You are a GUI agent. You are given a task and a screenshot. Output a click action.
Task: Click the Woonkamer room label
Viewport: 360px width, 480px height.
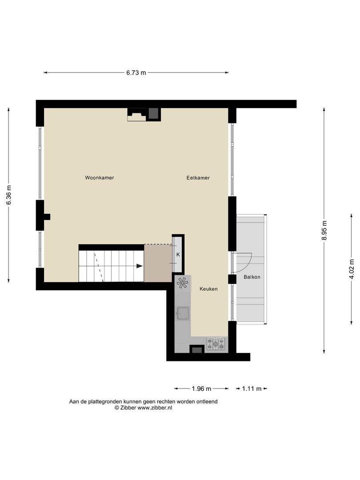click(x=100, y=177)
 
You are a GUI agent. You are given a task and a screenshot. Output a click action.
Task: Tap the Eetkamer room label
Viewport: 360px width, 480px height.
click(x=198, y=177)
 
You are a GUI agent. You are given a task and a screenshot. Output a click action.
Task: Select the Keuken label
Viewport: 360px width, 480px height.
click(x=208, y=289)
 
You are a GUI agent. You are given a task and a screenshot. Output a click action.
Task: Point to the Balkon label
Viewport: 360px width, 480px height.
click(x=252, y=277)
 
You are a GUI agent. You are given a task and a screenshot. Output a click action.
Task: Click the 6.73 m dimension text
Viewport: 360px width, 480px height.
click(x=136, y=72)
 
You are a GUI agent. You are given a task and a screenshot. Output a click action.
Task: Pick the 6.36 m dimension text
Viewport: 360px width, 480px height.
click(x=9, y=195)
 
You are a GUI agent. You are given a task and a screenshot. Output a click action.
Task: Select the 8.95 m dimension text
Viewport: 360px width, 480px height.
click(x=324, y=231)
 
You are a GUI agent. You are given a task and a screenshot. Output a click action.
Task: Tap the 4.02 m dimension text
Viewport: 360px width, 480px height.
click(x=352, y=269)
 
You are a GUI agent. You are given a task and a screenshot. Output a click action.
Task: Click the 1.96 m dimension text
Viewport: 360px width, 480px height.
click(x=201, y=389)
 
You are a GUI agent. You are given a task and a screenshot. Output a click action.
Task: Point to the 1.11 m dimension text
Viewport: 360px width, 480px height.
click(x=252, y=389)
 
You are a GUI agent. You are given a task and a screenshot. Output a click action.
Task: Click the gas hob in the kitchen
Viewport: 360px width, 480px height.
click(x=216, y=344)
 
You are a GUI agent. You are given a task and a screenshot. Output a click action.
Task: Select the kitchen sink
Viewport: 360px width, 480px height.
click(x=183, y=313)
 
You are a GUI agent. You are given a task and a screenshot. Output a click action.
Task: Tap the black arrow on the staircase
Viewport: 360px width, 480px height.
click(x=139, y=266)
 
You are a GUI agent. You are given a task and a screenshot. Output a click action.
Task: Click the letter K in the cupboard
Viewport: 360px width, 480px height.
click(x=178, y=255)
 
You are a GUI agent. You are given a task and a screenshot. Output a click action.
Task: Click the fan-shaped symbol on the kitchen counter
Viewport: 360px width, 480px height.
click(x=183, y=283)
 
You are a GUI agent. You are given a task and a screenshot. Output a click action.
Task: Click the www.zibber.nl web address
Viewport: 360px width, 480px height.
click(x=155, y=408)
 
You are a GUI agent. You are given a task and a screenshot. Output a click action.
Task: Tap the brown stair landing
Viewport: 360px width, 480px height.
click(x=158, y=263)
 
